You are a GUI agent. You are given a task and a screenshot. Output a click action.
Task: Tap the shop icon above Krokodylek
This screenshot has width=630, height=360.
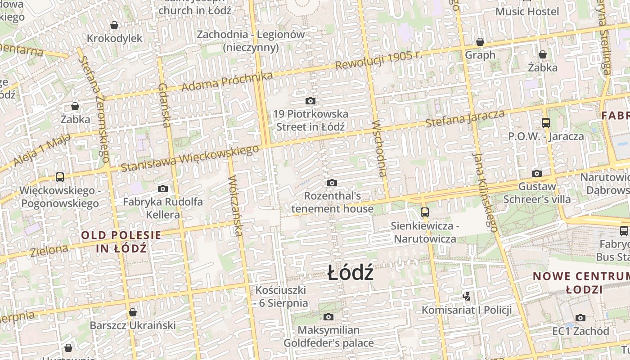coord(114,25)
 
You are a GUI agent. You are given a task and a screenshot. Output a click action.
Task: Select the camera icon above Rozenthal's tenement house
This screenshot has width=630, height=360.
coord(332,183)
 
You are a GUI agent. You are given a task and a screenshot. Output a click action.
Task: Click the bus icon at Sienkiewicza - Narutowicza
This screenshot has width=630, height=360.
coord(424,212)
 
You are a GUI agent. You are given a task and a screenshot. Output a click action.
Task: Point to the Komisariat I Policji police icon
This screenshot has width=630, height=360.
coord(467,297)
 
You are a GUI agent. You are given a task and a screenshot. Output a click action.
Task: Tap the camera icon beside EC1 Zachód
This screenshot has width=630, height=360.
coord(580,318)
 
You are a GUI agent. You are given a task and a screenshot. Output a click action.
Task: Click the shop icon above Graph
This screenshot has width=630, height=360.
coord(480,42)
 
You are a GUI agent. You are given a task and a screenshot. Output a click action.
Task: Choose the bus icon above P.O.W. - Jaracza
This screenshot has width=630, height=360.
coord(545,122)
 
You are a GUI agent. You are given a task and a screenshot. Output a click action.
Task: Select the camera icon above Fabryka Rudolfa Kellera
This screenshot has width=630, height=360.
coord(163,189)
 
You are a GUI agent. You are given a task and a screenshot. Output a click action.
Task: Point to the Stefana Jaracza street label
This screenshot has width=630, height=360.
coord(465,118)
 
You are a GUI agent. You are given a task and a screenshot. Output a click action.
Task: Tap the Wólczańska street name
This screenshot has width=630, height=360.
coord(235,205)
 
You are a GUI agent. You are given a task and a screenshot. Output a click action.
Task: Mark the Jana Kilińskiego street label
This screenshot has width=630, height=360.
coord(485,192)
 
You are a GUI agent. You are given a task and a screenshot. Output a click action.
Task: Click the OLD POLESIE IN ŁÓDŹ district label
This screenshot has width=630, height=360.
coord(121,242)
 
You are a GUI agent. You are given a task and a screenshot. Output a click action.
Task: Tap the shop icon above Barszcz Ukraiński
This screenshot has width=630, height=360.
coord(132,312)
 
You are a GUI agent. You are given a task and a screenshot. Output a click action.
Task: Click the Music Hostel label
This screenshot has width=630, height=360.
coord(527,11)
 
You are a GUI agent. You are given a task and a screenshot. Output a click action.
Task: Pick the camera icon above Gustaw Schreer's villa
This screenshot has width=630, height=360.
coord(536,173)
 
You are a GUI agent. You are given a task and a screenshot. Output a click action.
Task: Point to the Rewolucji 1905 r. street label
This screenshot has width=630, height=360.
coord(378,60)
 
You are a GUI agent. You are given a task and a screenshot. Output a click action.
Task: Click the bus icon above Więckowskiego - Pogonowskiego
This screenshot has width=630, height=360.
coord(60,177)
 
